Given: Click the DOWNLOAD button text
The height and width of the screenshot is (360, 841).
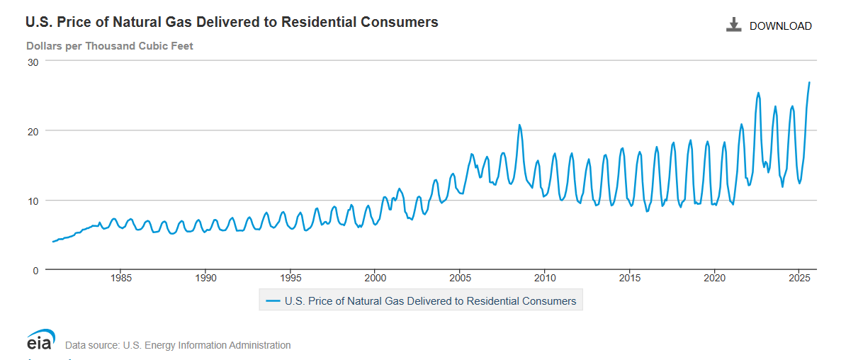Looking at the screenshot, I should (780, 26).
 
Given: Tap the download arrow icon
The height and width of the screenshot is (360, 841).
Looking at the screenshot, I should (733, 26).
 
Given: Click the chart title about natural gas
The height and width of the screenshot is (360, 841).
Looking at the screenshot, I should (232, 22).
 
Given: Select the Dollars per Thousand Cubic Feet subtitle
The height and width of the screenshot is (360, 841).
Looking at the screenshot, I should (110, 46).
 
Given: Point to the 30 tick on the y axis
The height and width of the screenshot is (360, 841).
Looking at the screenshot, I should (32, 61).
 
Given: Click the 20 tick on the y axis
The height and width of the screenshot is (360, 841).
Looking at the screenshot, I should (32, 130).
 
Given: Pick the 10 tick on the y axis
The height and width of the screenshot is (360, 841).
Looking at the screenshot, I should (32, 201).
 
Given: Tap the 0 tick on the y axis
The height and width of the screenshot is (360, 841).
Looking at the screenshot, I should (35, 270).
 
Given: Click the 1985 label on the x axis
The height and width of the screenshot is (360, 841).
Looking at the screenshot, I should (120, 277).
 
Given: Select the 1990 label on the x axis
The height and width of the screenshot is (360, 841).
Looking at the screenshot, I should (205, 277).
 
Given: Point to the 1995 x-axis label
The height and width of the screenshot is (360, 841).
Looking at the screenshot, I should (290, 277).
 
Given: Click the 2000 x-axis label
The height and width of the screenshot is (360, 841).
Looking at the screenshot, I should (375, 277).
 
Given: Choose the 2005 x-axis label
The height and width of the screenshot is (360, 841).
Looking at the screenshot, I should (460, 277).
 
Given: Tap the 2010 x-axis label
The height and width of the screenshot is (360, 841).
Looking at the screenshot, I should (545, 277).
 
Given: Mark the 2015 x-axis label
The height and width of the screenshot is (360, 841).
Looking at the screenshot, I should (629, 277).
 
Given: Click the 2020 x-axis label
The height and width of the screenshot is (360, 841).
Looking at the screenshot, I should (714, 277).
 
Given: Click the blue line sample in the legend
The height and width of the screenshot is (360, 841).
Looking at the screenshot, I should (273, 301).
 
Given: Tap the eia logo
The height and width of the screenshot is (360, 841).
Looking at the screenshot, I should (40, 340).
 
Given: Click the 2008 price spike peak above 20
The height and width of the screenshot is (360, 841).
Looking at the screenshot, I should (519, 125).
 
